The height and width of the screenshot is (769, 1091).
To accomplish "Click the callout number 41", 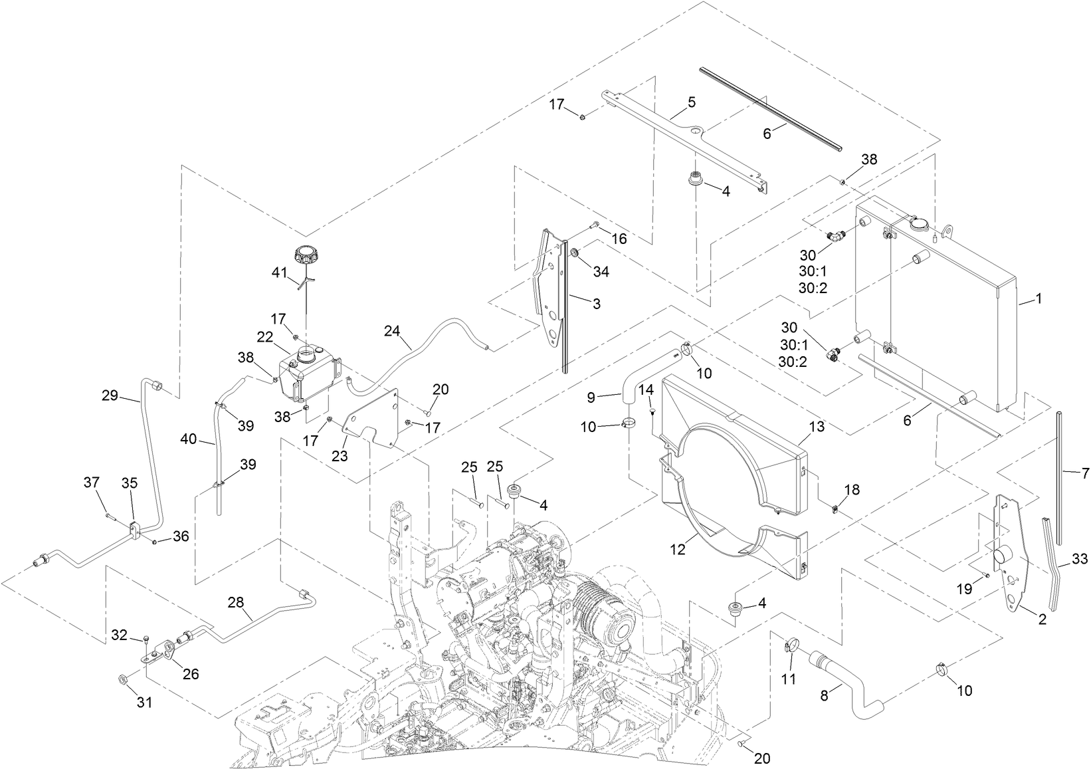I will click(279, 272).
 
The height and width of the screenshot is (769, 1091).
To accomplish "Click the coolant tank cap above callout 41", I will click(306, 255).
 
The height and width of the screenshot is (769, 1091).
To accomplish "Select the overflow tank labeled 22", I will click(308, 374).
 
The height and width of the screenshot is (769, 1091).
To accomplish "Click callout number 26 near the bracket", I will click(191, 674).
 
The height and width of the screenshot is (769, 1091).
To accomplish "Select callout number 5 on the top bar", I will click(691, 102).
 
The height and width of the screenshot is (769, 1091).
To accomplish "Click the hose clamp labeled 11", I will click(791, 644).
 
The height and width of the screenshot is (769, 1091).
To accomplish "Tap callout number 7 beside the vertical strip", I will click(1085, 473).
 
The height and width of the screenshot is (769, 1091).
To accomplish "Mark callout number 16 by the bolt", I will click(619, 239).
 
